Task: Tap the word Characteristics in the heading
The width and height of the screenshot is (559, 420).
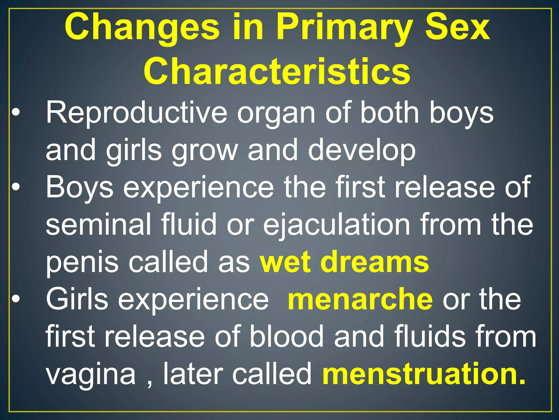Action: point(277,72)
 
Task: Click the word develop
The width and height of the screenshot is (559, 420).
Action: point(362,150)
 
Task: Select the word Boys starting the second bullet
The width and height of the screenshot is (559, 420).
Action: point(79,188)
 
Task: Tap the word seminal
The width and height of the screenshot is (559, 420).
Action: point(98,224)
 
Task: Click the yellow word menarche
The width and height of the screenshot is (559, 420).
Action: point(360,299)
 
